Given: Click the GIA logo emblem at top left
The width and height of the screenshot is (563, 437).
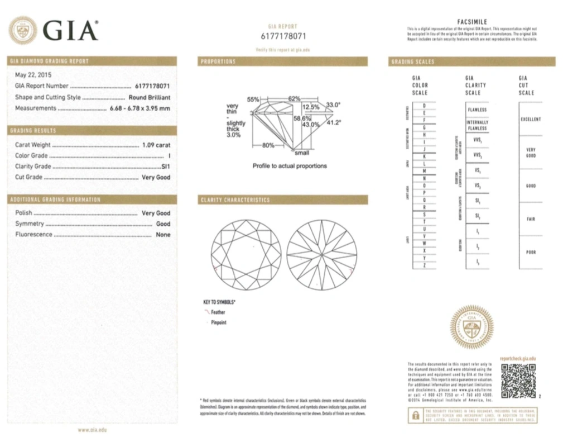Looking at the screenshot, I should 23,30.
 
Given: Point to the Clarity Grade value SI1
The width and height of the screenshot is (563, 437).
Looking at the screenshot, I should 165,167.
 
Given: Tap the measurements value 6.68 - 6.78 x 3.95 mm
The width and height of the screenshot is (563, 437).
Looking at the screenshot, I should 139,108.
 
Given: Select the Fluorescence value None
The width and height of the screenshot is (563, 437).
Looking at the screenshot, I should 163,235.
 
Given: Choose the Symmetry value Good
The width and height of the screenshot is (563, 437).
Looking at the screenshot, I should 163,224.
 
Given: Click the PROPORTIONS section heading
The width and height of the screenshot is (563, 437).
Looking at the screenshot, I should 218,61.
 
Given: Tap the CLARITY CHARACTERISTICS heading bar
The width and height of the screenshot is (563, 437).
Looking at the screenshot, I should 235,200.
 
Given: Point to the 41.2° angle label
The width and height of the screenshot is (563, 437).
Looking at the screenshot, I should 334,121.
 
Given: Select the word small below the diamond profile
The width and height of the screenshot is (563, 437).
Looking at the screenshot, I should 302,153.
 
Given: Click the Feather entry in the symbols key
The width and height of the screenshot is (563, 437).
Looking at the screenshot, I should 218,312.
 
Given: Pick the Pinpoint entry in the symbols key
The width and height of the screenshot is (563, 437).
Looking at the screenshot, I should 219,322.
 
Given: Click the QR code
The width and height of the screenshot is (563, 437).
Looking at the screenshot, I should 518,381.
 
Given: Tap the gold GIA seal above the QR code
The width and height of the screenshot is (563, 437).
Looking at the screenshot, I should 471,326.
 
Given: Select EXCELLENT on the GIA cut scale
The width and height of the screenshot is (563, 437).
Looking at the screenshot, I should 531,119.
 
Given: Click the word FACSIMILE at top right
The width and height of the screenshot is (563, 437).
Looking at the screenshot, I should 472,22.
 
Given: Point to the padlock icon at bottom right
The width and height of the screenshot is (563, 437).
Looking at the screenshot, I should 415,416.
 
